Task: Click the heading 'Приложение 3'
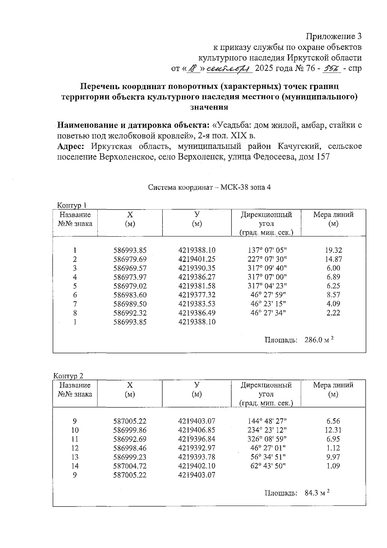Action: [333, 36]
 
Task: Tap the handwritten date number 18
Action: [193, 68]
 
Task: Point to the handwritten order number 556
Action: [332, 68]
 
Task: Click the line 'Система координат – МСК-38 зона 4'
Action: [209, 187]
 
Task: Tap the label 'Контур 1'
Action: [72, 205]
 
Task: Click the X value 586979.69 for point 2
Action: [130, 259]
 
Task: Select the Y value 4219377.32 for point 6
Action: [197, 295]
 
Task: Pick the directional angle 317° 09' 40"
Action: [267, 268]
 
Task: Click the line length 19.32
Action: [333, 250]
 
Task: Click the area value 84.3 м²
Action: [317, 493]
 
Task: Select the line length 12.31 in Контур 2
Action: [333, 430]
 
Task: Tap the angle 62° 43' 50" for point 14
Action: [267, 466]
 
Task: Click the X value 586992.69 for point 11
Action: [130, 439]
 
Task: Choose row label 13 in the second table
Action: [75, 457]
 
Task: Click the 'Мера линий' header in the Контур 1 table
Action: [333, 215]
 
